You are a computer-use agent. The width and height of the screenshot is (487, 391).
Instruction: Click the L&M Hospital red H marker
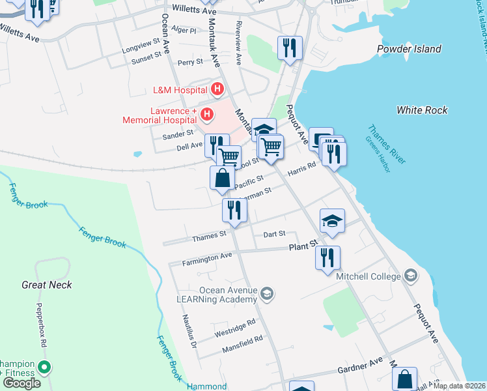[x=218, y=89]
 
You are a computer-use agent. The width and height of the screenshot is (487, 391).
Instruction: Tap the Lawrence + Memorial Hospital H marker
[x=207, y=115]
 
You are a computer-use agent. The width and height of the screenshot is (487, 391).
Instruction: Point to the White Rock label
[x=422, y=110]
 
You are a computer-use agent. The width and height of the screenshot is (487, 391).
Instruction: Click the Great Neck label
[x=47, y=285]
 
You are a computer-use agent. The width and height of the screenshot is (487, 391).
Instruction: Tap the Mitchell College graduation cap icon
[x=410, y=276]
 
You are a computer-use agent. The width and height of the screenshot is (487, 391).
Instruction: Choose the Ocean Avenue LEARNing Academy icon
[x=266, y=295]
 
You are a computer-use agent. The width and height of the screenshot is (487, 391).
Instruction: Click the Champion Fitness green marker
[x=44, y=368]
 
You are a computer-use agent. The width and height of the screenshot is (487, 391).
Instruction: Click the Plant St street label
[x=303, y=246]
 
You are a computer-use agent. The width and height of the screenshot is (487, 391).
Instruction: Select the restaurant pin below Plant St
[x=327, y=257]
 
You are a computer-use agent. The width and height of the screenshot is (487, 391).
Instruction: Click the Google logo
[x=21, y=383]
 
